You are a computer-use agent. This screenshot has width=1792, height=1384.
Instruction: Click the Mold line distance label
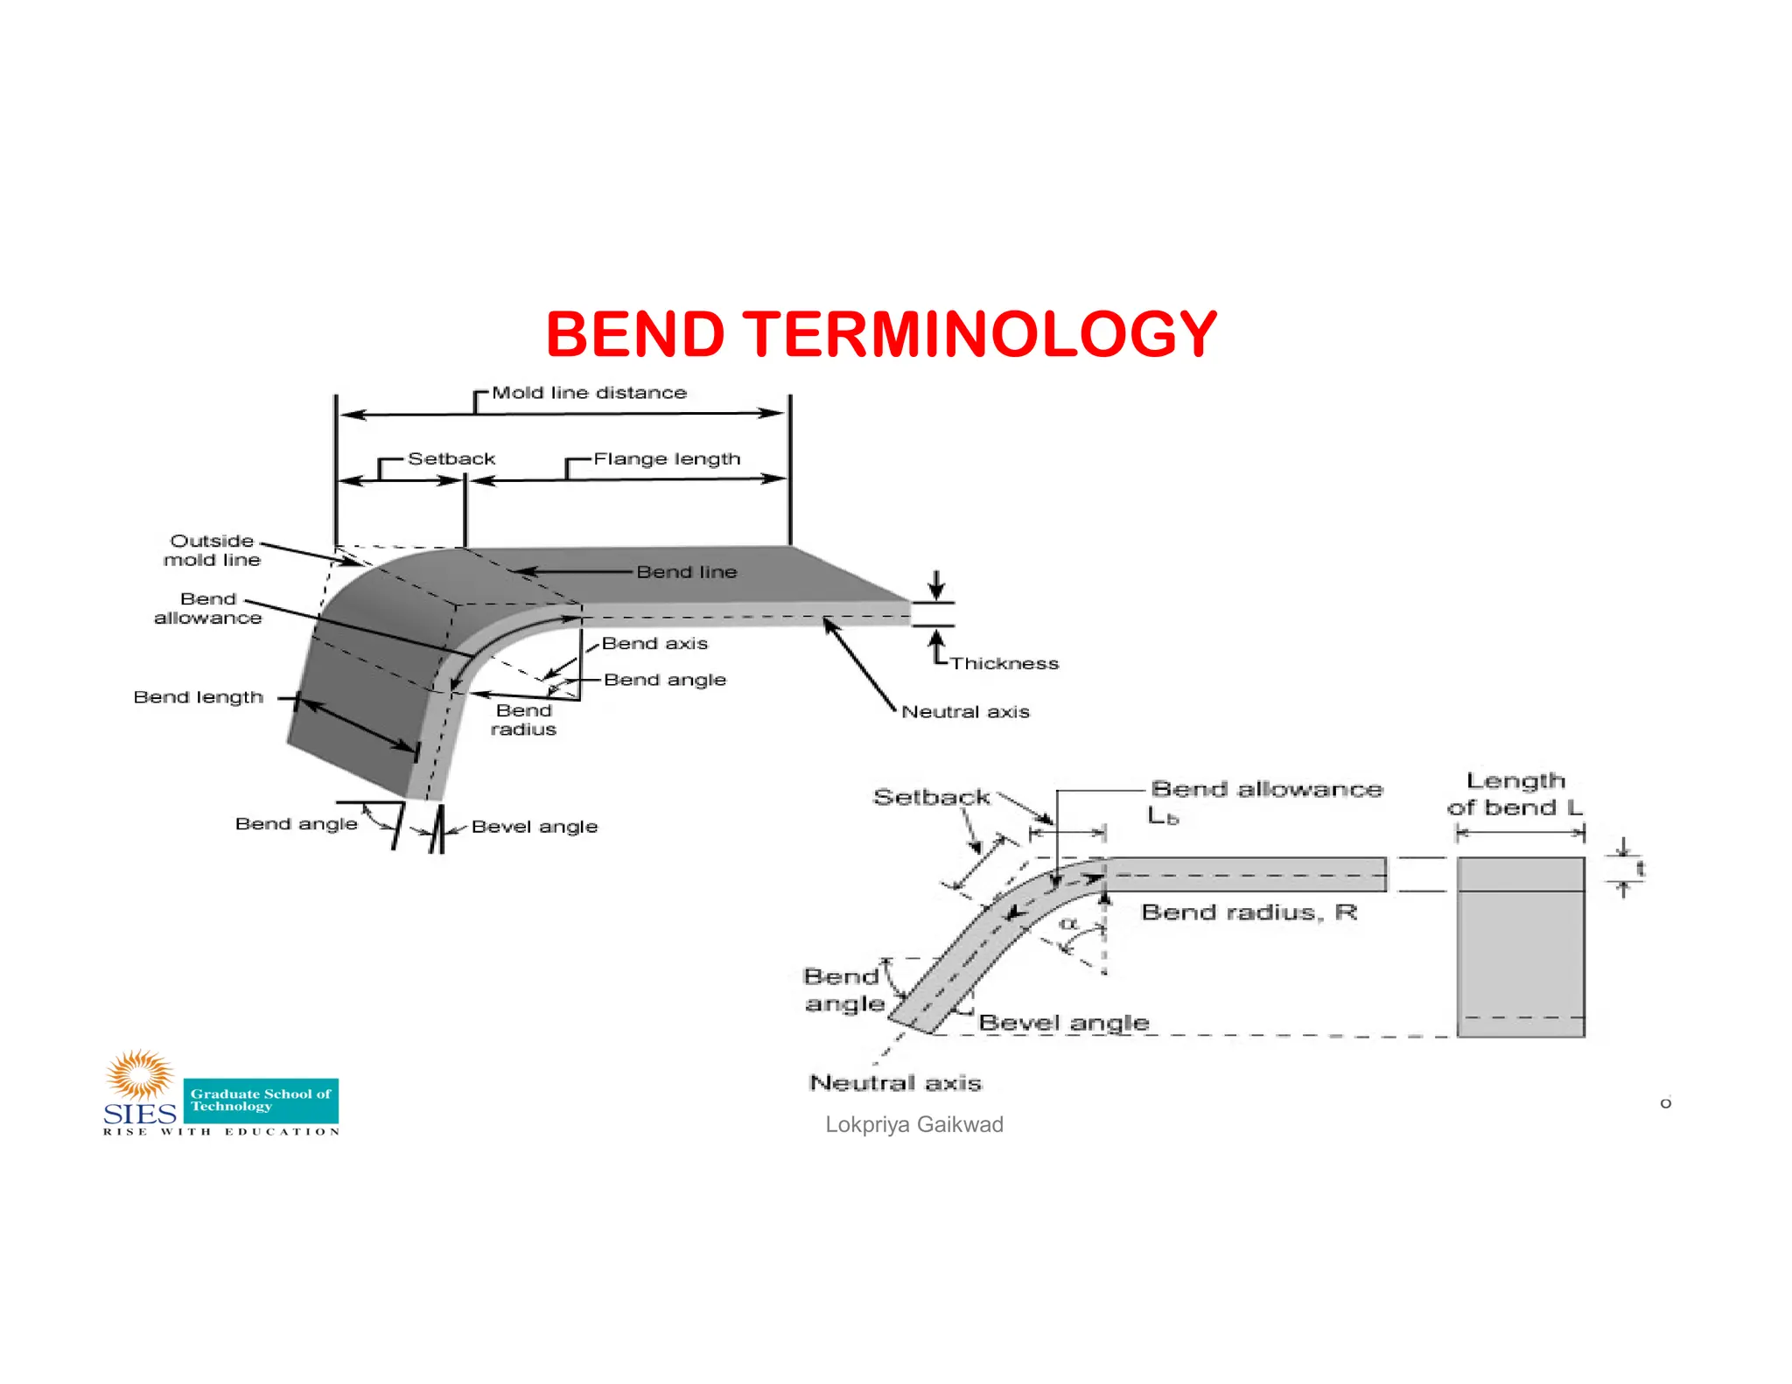point(589,393)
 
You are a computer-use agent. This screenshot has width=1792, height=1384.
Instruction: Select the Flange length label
point(667,458)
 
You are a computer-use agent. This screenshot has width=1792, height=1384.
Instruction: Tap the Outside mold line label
point(212,550)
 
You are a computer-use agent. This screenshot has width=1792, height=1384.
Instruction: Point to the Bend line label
point(686,572)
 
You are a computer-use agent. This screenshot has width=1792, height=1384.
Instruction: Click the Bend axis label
point(654,643)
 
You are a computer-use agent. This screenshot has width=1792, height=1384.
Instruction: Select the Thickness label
point(1004,663)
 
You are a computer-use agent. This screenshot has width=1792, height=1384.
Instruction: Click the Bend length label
point(198,697)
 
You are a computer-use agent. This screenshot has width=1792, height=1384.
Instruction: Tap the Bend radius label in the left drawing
point(523,720)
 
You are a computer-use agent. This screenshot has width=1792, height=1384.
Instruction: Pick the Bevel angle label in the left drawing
point(534,827)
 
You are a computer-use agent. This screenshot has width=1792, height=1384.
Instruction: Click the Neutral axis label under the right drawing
point(895,1083)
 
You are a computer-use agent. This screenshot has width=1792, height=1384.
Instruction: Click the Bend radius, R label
point(1249,912)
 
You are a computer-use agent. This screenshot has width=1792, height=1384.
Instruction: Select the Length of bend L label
point(1515,793)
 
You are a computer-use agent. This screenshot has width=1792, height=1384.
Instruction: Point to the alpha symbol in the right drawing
point(1068,924)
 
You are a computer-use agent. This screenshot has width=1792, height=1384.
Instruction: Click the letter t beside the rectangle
point(1640,869)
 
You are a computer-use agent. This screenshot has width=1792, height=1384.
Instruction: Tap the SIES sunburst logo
point(140,1076)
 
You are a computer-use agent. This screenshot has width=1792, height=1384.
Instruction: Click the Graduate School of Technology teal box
point(261,1101)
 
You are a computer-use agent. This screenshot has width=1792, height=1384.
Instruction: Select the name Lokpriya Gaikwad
point(913,1125)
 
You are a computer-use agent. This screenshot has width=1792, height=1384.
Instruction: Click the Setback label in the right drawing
point(931,797)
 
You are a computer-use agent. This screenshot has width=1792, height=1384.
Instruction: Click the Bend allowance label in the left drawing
point(207,608)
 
